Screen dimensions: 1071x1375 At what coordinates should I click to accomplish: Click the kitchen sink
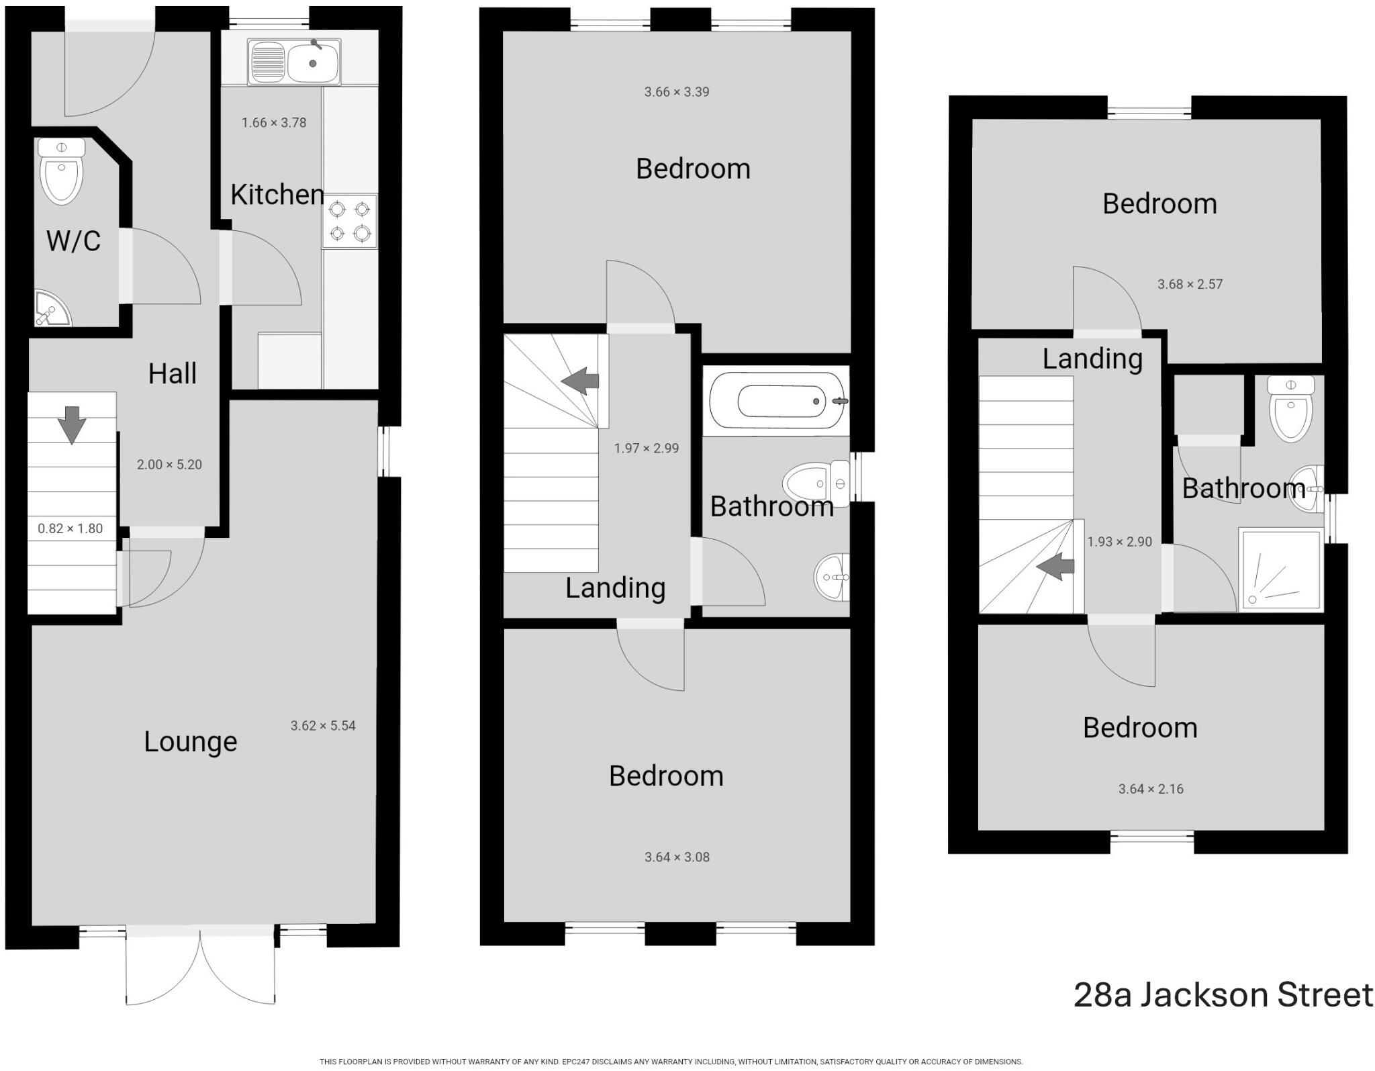294,62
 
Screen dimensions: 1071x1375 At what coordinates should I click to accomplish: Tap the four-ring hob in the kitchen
349,222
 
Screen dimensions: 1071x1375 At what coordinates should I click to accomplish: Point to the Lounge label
191,741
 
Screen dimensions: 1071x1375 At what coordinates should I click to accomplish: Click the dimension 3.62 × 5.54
323,725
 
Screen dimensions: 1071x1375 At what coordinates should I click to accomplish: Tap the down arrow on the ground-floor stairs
72,424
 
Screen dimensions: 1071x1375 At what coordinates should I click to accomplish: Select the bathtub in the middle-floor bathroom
777,401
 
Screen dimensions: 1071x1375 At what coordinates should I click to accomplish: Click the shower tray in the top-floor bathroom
1281,569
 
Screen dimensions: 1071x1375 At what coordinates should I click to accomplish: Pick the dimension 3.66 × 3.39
677,92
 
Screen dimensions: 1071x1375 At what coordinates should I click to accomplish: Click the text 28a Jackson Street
1223,994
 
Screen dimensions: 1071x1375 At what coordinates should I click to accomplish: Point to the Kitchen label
277,195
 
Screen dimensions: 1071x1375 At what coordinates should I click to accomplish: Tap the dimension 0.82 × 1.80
70,528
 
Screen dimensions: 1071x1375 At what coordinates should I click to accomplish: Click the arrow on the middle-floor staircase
580,381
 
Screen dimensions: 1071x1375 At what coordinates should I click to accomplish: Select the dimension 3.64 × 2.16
1151,789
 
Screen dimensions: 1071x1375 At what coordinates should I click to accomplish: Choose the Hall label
173,373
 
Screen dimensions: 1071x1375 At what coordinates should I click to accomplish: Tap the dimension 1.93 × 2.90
1120,542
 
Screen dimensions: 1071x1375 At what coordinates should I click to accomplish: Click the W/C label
73,240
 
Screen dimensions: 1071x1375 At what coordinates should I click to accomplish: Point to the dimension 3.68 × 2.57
1190,284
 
